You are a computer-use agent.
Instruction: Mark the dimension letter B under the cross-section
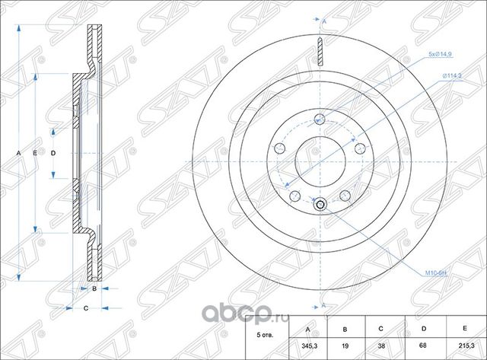94,289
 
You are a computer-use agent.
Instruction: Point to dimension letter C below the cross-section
86,308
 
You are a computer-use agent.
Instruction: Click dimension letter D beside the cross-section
53,153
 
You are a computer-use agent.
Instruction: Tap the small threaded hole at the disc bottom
320,203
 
